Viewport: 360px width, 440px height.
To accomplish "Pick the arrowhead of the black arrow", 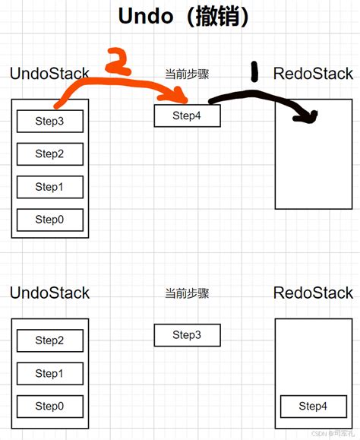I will [x=310, y=116].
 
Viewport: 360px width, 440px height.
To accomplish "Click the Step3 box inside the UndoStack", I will [x=49, y=120].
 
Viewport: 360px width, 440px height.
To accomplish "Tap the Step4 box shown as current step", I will [x=187, y=116].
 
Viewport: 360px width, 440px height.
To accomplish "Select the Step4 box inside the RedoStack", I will [x=313, y=406].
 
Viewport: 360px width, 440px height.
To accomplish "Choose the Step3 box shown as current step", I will [x=187, y=335].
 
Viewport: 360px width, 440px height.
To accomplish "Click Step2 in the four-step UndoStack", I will [x=49, y=154].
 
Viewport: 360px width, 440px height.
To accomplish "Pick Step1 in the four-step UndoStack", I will [x=49, y=187].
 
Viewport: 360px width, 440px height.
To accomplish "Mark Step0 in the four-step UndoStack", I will [x=49, y=220].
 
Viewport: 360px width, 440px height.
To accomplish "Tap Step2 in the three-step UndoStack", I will [x=49, y=340].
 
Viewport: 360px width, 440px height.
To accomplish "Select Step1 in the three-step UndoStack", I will [x=49, y=373].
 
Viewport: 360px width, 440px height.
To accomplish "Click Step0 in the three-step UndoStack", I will [x=49, y=407].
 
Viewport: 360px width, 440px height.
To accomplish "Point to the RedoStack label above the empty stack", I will [x=313, y=74].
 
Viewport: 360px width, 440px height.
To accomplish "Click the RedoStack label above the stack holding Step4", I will [x=313, y=293].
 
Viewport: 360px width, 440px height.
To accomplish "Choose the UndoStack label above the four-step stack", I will [x=49, y=74].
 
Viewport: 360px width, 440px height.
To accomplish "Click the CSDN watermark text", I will [x=333, y=434].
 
